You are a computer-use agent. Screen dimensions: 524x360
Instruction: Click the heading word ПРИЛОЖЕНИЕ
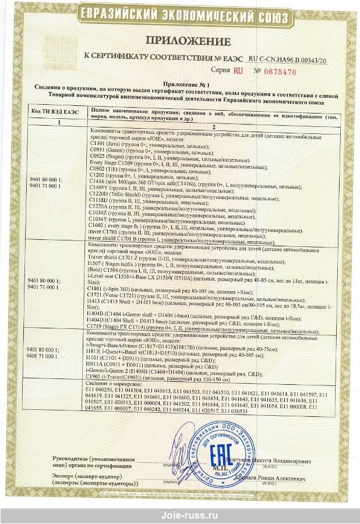tap(179, 41)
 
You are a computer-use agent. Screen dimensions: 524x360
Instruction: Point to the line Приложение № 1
tap(179, 84)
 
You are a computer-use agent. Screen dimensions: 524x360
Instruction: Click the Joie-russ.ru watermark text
tap(180, 515)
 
